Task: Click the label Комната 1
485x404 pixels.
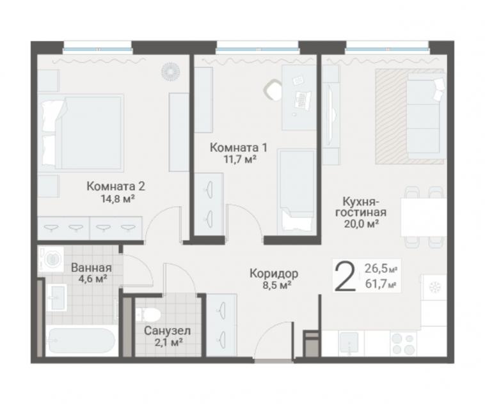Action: point(238,148)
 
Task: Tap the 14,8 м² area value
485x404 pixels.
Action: point(118,198)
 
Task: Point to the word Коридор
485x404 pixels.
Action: point(274,273)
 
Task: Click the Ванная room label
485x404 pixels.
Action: point(91,267)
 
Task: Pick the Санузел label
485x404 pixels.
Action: point(168,331)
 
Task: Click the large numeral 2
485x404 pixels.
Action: point(345,276)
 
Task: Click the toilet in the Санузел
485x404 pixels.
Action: point(148,315)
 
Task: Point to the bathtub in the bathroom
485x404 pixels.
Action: point(81,340)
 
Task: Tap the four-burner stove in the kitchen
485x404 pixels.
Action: point(402,344)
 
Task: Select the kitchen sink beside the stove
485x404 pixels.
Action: point(349,344)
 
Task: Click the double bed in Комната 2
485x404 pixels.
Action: point(81,133)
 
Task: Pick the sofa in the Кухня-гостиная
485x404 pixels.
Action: point(425,114)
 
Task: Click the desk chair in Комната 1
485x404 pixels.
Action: point(272,89)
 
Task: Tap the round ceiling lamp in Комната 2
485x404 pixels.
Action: point(170,72)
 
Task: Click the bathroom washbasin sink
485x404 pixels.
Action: point(56,298)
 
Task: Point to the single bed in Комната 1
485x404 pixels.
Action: point(296,192)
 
